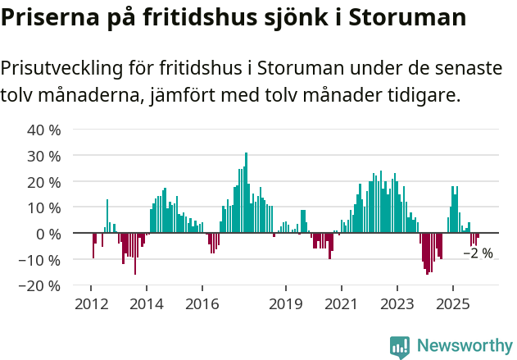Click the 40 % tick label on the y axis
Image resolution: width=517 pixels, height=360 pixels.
(x=44, y=130)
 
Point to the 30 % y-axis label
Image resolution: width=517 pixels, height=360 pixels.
(x=44, y=156)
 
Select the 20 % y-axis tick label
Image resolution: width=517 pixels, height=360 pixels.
(x=44, y=181)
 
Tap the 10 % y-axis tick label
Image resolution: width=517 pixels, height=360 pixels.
(x=44, y=207)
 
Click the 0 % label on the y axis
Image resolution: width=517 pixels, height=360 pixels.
(x=48, y=234)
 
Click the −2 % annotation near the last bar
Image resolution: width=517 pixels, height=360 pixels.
(x=478, y=253)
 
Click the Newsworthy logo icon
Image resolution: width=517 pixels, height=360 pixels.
(x=400, y=347)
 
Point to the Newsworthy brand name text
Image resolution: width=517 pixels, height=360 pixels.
(x=464, y=347)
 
